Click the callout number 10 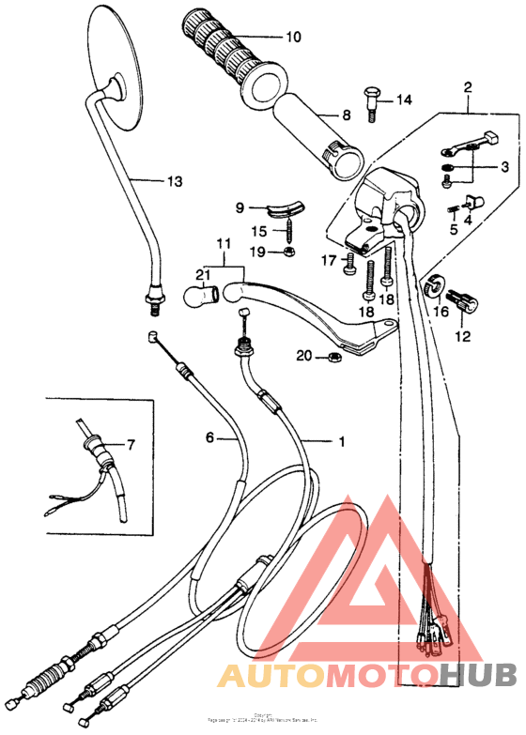coord(293,38)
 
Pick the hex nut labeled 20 coord(332,356)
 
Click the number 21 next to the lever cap coord(200,274)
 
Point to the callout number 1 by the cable coord(341,439)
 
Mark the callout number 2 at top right coord(467,89)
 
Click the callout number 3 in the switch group coord(503,167)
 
